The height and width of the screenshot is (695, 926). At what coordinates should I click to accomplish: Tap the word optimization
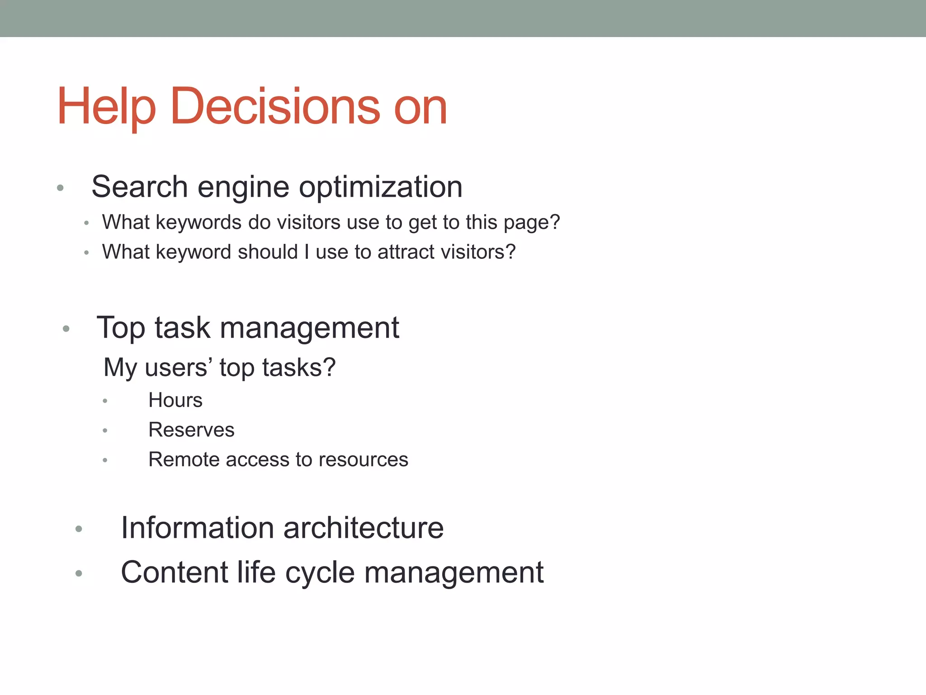click(381, 187)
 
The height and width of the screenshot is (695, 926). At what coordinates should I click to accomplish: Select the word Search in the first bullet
click(140, 187)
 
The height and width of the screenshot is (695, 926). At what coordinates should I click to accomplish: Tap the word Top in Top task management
click(121, 328)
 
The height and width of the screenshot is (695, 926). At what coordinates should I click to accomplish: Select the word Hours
click(175, 400)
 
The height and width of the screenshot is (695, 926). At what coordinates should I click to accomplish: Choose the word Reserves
click(191, 430)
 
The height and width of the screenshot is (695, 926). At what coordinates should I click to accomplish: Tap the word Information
click(198, 528)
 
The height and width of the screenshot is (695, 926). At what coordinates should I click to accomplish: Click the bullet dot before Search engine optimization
click(60, 188)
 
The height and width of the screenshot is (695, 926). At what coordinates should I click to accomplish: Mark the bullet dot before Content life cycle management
click(79, 574)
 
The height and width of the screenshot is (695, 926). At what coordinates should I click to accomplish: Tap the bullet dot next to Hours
click(105, 401)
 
